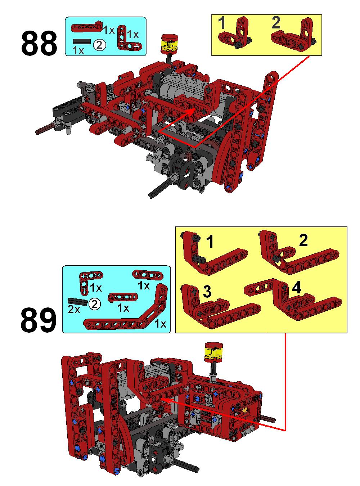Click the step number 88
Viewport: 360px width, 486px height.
coord(39,43)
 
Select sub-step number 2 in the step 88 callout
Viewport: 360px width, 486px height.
coord(276,23)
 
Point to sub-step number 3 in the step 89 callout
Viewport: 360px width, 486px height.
coord(207,292)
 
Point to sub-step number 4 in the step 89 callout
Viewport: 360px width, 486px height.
coord(296,288)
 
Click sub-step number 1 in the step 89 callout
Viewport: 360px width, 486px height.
coord(210,242)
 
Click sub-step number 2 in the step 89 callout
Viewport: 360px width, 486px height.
coord(303,240)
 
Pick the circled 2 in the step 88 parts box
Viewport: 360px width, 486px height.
coord(99,45)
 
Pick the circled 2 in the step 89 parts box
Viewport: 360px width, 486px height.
coord(94,304)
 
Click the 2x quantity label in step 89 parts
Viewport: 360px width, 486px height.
coord(74,310)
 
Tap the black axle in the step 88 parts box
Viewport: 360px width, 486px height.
coord(81,42)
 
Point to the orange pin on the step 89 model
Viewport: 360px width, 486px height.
coord(244,409)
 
